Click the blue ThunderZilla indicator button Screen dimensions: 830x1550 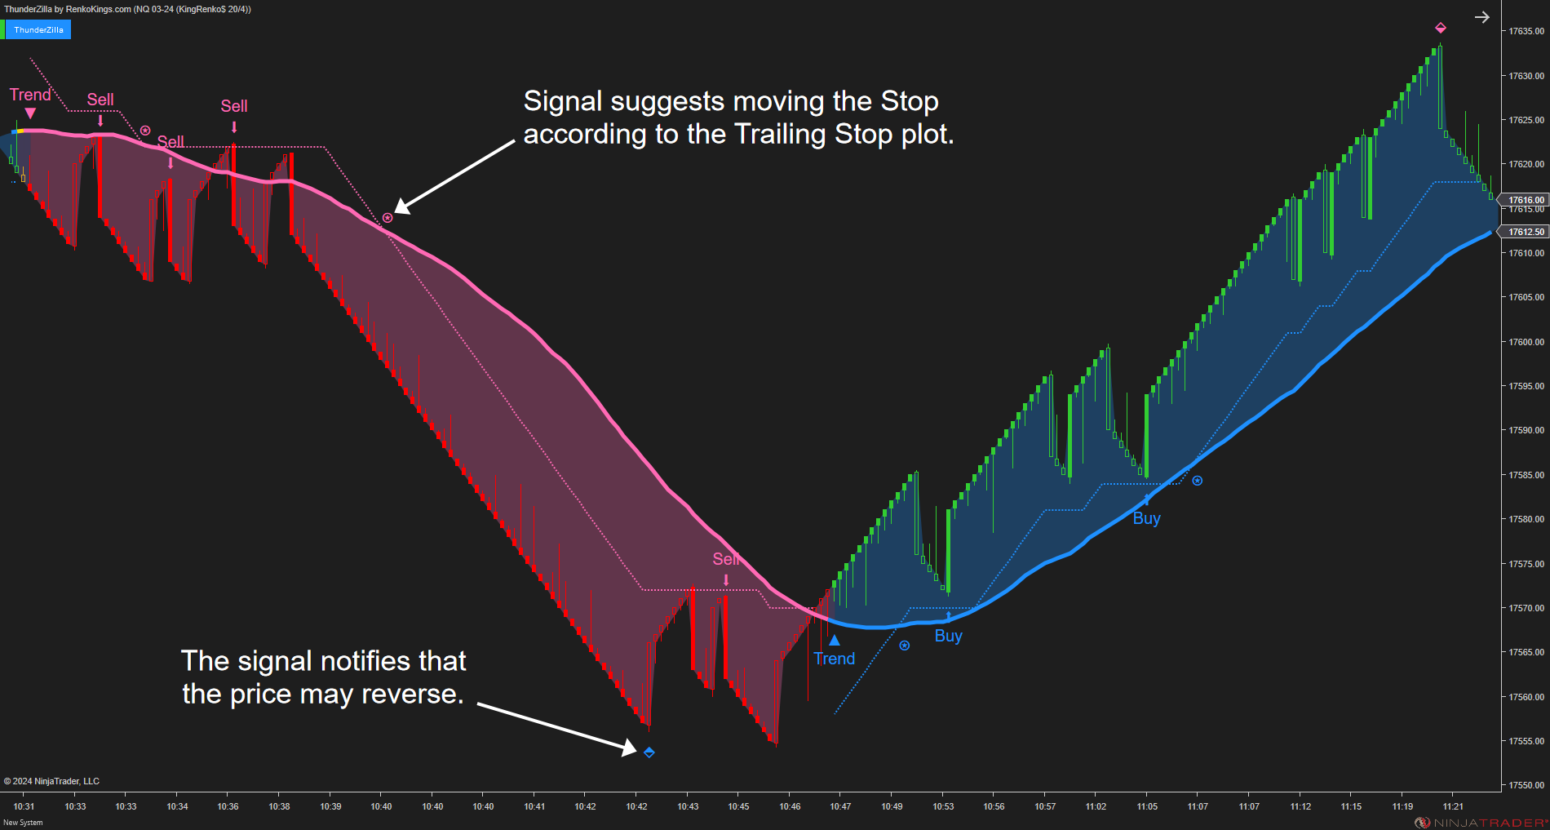pos(38,30)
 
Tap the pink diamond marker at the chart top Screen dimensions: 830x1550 pos(1441,28)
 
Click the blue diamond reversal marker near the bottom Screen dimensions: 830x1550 pos(649,752)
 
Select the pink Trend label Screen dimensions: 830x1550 pos(30,95)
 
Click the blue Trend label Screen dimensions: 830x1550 pos(835,659)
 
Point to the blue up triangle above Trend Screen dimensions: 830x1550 pos(835,640)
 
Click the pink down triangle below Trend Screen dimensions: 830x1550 pos(30,113)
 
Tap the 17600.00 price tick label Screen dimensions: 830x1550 pos(1526,342)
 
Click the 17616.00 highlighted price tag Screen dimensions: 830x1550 pos(1526,200)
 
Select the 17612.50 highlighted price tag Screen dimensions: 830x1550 pos(1526,232)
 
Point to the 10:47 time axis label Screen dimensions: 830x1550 pos(840,806)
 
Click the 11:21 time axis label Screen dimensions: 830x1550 pos(1453,806)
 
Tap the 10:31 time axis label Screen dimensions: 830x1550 pos(24,806)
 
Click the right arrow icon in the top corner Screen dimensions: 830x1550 pos(1482,17)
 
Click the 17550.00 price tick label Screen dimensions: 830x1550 pos(1526,785)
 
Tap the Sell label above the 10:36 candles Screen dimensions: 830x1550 pos(234,106)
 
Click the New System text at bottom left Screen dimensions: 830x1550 pos(23,823)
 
